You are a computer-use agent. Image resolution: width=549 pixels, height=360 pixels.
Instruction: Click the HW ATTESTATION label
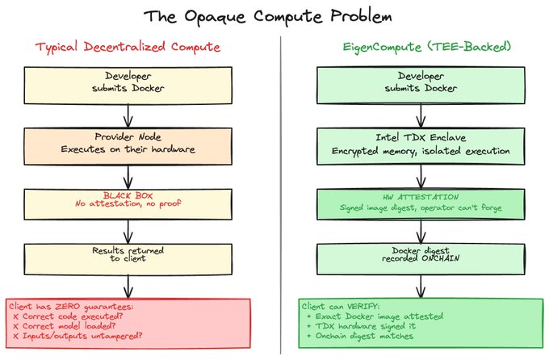(419, 195)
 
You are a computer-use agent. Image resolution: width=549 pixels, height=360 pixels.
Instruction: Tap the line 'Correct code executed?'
(65, 318)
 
